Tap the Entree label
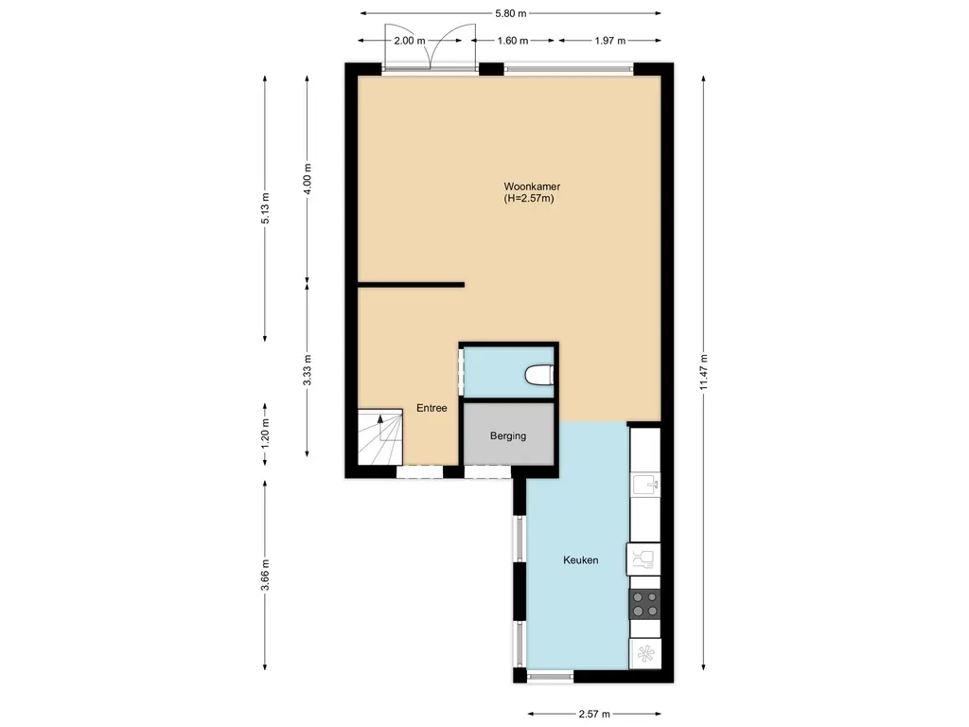[432, 408]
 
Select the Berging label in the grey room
[508, 436]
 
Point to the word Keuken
[580, 560]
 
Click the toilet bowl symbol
[538, 376]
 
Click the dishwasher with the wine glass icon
[643, 559]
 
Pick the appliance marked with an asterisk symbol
[645, 653]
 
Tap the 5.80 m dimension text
[510, 13]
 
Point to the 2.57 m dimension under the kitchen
[594, 714]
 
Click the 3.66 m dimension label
[266, 575]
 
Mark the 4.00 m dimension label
[307, 178]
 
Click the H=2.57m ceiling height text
[529, 199]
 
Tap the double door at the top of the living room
[430, 58]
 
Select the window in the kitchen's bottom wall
[550, 676]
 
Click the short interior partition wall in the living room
[411, 284]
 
